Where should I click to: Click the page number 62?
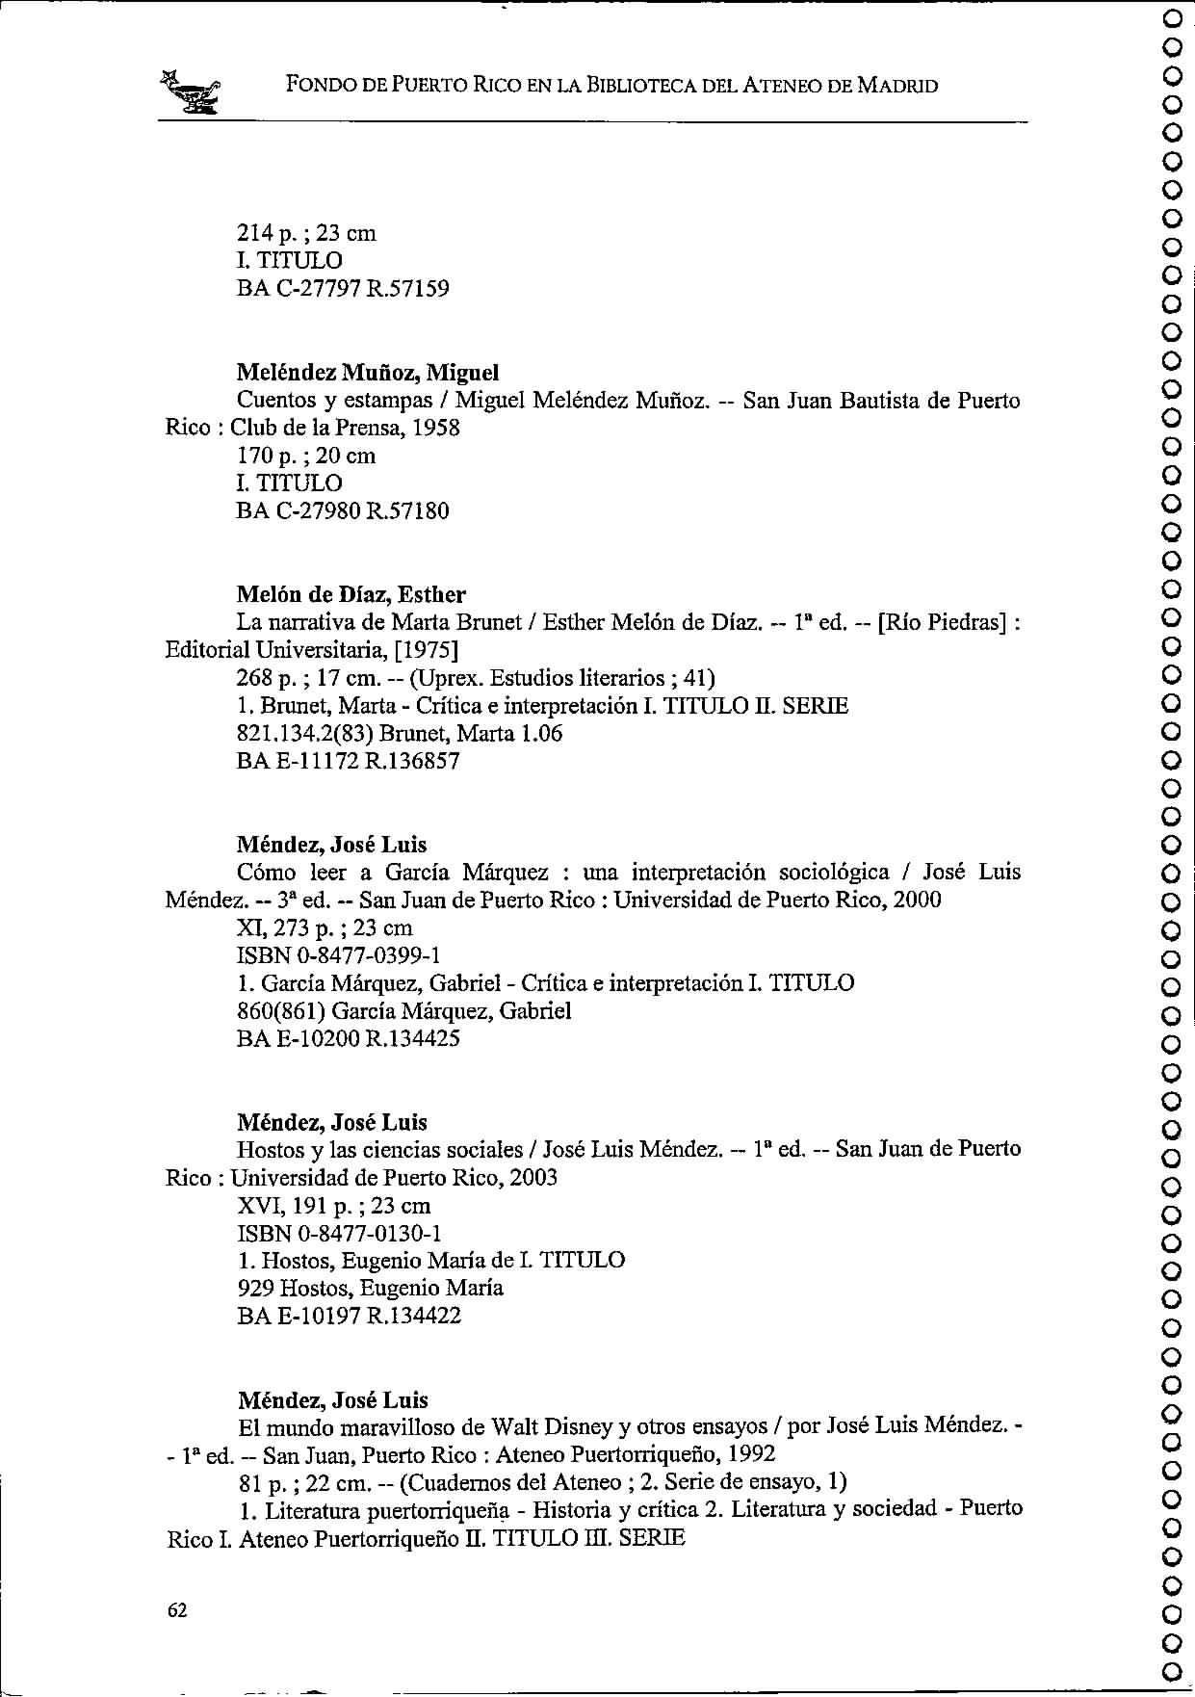[177, 1610]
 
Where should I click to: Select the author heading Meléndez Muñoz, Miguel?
[368, 372]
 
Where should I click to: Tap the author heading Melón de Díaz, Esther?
[351, 594]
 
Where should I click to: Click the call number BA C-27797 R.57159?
[343, 288]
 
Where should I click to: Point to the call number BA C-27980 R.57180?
[343, 510]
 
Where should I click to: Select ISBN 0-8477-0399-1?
[339, 955]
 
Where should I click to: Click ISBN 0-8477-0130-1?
[339, 1233]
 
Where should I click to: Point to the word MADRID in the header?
[897, 86]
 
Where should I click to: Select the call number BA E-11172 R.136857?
[349, 761]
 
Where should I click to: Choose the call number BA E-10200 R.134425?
[349, 1038]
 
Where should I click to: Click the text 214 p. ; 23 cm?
[306, 233]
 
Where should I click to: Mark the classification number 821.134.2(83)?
[311, 734]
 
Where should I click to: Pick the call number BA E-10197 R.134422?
[349, 1316]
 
